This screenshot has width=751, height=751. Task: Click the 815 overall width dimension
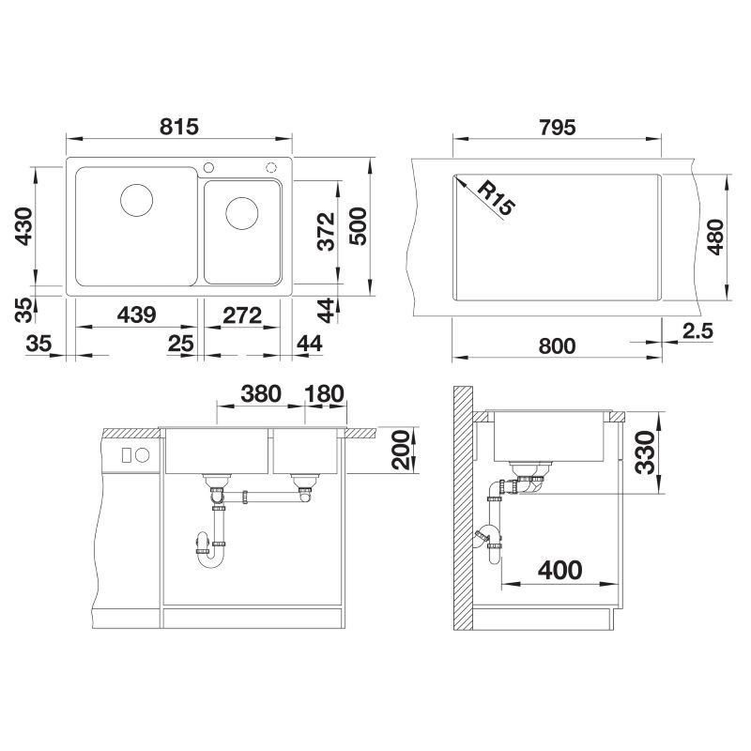[178, 127]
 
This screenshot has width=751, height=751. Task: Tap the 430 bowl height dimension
[23, 226]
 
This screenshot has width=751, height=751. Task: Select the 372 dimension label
[326, 232]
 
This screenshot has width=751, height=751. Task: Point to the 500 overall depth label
[358, 226]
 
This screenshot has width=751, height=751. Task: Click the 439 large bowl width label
[137, 314]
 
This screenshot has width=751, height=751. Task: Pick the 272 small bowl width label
[242, 315]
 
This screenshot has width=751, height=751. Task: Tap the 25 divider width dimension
[180, 344]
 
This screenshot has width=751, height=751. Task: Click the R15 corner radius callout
[497, 198]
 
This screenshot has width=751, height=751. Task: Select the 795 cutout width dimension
[557, 128]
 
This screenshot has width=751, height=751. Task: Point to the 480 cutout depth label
[715, 237]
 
